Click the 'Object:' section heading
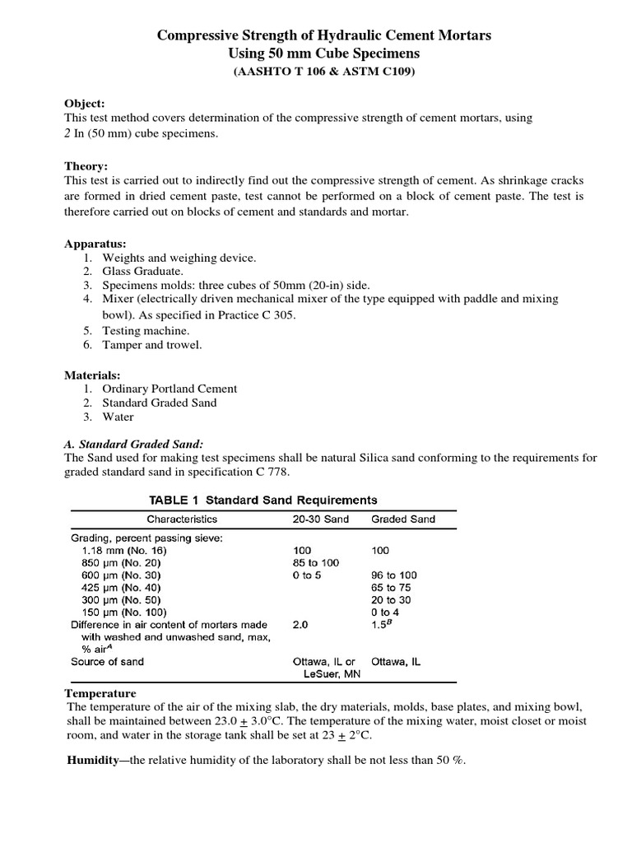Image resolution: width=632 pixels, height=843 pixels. point(85,104)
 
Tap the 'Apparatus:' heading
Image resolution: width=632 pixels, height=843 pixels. point(95,245)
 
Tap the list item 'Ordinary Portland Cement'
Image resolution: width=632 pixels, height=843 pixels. point(170,389)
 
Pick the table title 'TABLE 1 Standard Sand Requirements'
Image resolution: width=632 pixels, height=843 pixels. point(263,500)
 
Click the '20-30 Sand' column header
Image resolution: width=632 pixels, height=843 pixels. point(321,519)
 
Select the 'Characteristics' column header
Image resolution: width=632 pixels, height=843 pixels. point(182,519)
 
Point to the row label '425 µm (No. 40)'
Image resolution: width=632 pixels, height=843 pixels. point(122,588)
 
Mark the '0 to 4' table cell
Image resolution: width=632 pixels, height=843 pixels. point(386,612)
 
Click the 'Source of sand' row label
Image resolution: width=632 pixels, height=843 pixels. point(107,661)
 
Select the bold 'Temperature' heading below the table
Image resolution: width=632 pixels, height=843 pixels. point(100,694)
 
